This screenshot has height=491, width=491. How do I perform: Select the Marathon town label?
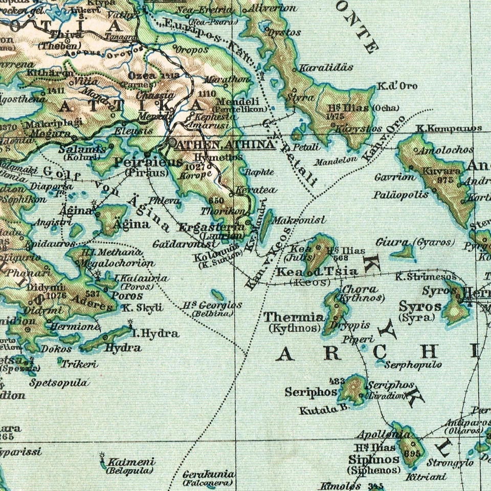coord(228,79)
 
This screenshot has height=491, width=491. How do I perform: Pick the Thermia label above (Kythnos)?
coord(293,317)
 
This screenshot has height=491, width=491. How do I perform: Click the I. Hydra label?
coord(155,334)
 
